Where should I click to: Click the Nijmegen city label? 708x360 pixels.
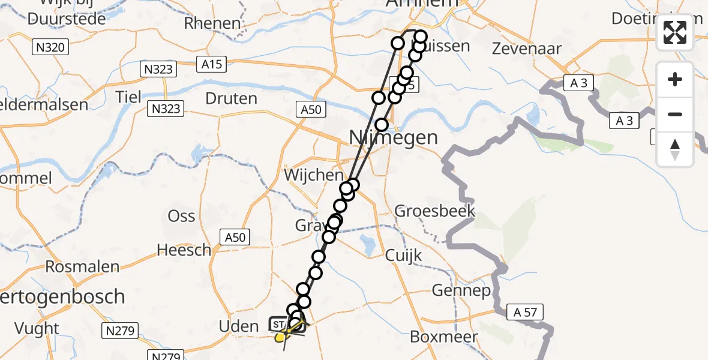tap(394, 138)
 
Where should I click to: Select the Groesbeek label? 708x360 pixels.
tap(434, 211)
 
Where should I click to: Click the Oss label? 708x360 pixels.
tap(181, 215)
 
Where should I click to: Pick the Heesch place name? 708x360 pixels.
tap(184, 249)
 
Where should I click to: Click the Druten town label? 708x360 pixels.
tap(231, 98)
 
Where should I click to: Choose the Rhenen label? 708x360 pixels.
tap(212, 23)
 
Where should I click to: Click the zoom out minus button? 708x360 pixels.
tap(675, 115)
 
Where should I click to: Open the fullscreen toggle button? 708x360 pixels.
tap(675, 32)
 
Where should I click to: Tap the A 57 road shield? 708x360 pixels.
tap(525, 311)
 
